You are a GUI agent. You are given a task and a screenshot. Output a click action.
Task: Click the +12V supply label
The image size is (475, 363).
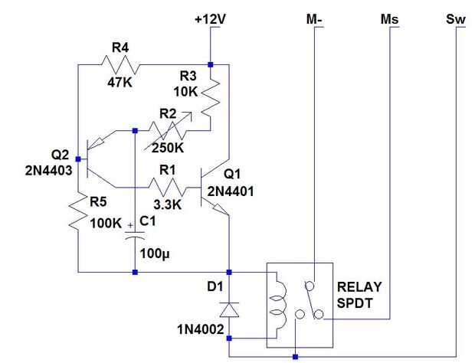tap(209, 18)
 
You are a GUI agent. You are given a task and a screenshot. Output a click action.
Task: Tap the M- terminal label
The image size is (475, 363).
tap(315, 18)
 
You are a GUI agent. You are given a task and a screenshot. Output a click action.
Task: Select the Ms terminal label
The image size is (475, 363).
tap(390, 18)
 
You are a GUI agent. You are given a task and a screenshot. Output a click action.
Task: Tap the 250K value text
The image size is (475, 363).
tap(169, 148)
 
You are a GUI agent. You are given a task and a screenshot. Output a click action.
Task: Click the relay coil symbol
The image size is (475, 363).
tap(281, 303)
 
